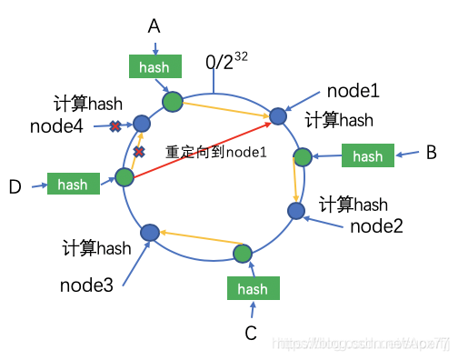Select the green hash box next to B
click(367, 155)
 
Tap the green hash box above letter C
click(253, 288)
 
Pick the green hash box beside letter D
click(73, 184)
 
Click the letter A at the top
click(154, 27)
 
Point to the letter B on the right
click(431, 153)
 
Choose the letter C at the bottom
click(251, 333)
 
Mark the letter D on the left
click(15, 186)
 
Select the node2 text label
click(375, 225)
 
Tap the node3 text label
click(86, 285)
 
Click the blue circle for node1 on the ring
click(278, 116)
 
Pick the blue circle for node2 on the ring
click(296, 211)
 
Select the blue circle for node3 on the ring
click(150, 233)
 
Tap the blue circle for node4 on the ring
click(142, 123)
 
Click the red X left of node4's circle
click(115, 125)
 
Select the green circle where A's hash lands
click(172, 100)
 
